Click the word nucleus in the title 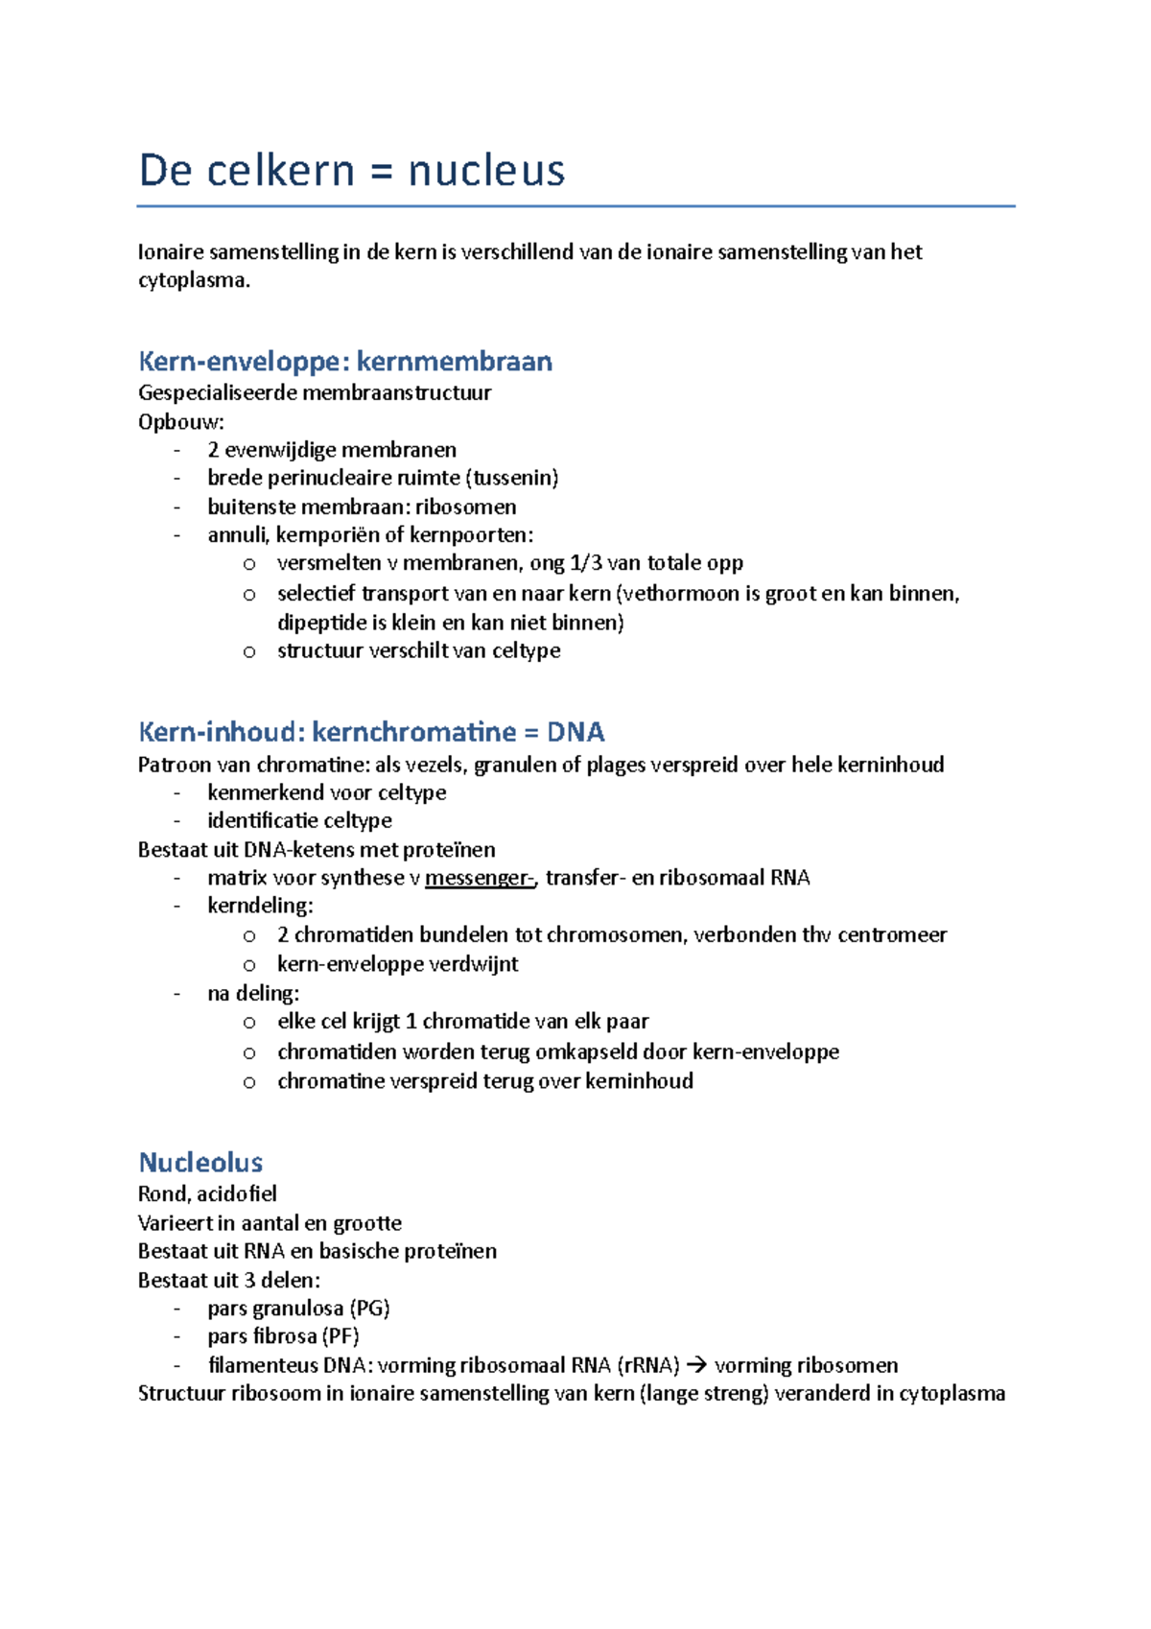tap(486, 171)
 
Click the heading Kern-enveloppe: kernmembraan tap(345, 362)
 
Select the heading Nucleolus tap(200, 1163)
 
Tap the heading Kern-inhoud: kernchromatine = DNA tap(371, 732)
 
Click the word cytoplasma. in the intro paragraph tap(194, 280)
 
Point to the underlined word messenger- tap(480, 878)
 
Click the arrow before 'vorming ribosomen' tap(697, 1365)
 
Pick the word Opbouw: tap(181, 422)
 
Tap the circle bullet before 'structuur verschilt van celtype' tap(249, 651)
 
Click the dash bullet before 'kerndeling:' tap(177, 907)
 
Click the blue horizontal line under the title tap(575, 206)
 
